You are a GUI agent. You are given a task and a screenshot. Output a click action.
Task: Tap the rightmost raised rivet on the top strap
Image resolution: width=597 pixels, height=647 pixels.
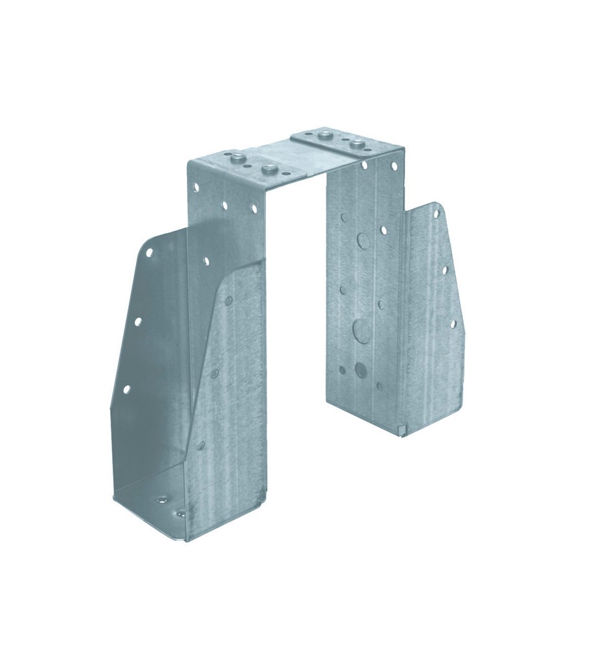[355, 144]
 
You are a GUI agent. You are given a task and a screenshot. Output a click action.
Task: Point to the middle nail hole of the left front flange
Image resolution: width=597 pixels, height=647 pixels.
[137, 320]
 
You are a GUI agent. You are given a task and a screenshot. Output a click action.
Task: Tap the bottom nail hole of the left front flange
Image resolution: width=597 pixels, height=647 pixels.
[126, 389]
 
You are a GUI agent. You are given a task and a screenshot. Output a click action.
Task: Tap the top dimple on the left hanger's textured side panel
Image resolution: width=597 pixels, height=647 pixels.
[228, 300]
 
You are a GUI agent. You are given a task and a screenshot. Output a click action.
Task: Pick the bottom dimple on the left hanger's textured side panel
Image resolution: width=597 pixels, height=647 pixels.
[201, 445]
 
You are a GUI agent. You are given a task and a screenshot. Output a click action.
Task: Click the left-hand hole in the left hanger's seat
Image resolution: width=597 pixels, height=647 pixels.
[159, 500]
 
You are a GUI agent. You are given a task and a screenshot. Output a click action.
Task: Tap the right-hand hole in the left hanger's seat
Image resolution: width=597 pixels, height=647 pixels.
[181, 514]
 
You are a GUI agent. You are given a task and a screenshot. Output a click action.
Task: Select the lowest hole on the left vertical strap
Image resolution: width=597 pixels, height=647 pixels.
[206, 261]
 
